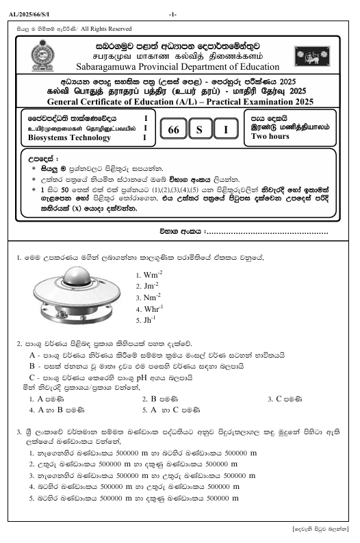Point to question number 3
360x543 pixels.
18,432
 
